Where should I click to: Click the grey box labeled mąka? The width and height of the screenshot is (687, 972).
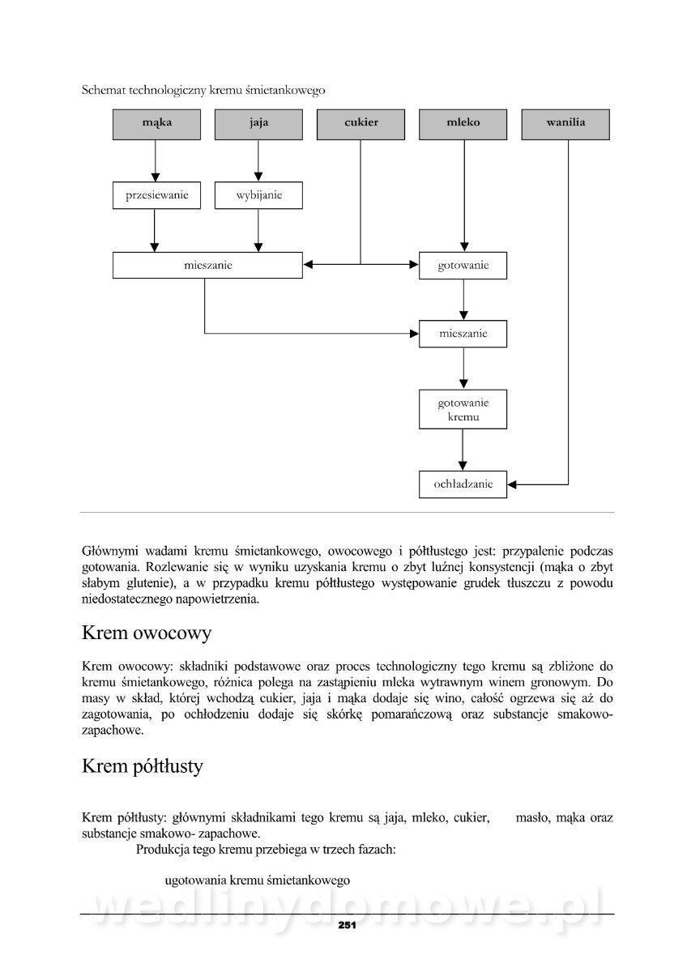pyautogui.click(x=156, y=124)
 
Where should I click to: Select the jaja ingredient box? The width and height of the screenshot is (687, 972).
pyautogui.click(x=258, y=124)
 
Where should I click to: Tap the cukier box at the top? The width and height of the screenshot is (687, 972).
pyautogui.click(x=361, y=124)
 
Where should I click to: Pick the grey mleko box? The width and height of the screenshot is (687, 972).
pyautogui.click(x=463, y=124)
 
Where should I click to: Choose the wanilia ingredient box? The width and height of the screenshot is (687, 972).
pyautogui.click(x=565, y=124)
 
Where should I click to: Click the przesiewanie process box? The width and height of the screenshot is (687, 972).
pyautogui.click(x=156, y=195)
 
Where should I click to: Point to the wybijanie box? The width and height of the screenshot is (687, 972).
pyautogui.click(x=258, y=195)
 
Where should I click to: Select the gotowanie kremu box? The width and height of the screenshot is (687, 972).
pyautogui.click(x=463, y=409)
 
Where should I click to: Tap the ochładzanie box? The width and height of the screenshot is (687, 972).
pyautogui.click(x=463, y=484)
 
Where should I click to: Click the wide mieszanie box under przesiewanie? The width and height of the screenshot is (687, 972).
pyautogui.click(x=207, y=265)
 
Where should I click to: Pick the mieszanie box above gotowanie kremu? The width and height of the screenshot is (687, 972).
pyautogui.click(x=463, y=334)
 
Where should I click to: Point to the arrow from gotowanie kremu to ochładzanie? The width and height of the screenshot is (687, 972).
pyautogui.click(x=463, y=450)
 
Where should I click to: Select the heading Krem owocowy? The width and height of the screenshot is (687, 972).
pyautogui.click(x=147, y=632)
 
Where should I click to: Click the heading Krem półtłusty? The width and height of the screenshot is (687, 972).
pyautogui.click(x=143, y=765)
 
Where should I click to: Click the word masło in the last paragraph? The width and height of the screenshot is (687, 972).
pyautogui.click(x=533, y=818)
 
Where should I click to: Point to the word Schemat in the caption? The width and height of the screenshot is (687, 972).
pyautogui.click(x=103, y=89)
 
